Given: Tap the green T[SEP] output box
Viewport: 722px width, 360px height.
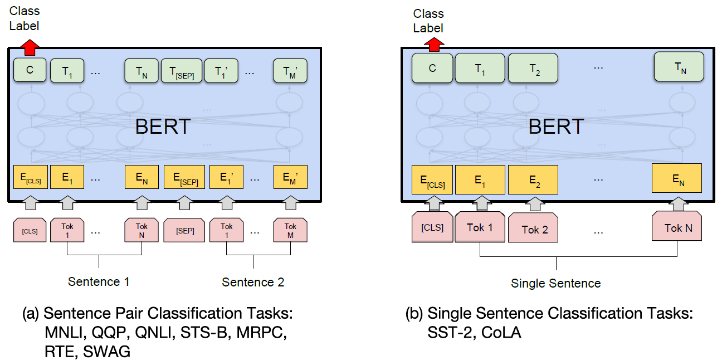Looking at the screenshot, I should (181, 71).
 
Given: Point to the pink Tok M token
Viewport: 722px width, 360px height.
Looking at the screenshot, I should (290, 230).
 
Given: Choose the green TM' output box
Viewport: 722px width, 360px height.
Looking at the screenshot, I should (290, 71).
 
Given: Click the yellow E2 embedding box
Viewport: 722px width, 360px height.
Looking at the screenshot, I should (533, 179).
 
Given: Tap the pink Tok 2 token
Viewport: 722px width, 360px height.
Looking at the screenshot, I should (534, 229).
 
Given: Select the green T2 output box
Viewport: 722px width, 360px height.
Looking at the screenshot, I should (533, 68).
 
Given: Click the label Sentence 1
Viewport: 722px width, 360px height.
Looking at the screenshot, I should (99, 281).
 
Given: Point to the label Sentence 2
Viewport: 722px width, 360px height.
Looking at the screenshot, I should (253, 282).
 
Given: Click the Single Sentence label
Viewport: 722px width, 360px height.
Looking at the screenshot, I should (555, 283).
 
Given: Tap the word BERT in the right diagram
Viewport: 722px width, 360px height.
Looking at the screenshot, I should (556, 127).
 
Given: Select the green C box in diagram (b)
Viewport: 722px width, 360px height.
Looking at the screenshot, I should (432, 68).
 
